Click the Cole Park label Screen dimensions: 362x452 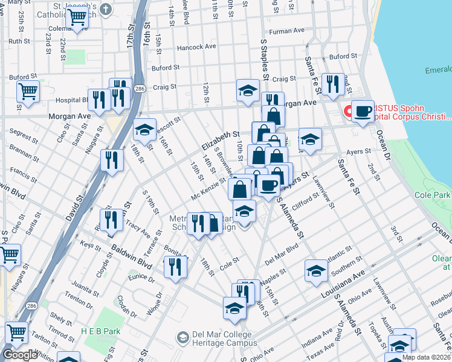[433, 195]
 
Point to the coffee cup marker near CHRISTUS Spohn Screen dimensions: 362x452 [362, 111]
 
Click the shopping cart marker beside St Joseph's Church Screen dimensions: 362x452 [77, 18]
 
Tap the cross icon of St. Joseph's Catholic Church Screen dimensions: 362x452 [106, 10]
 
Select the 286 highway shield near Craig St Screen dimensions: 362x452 [140, 89]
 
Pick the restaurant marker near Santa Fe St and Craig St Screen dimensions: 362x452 [332, 84]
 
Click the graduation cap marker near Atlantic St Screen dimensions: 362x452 [315, 270]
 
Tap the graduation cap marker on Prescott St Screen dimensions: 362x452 [144, 129]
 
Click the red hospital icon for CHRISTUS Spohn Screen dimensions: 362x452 [348, 112]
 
